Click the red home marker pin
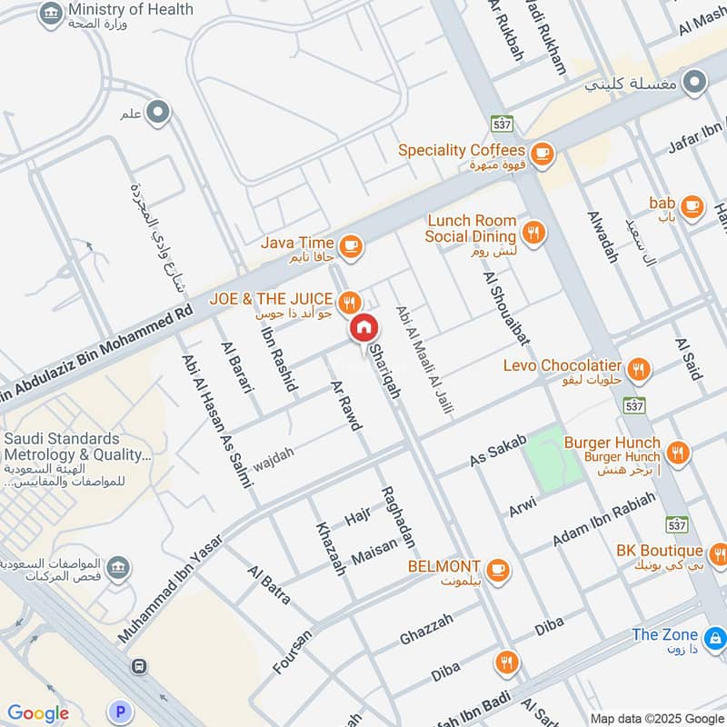tap(363, 328)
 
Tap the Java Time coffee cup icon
tap(351, 245)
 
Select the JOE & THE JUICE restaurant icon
tap(348, 301)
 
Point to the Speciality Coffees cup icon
tap(543, 152)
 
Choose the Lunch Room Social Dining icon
tap(534, 232)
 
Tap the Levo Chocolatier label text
tap(562, 365)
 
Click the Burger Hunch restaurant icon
tap(677, 452)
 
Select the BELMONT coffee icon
tap(496, 570)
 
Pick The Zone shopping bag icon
tap(715, 636)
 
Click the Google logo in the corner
tap(38, 713)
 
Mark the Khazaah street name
tap(330, 549)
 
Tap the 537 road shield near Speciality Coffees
tap(500, 123)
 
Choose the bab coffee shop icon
tap(692, 206)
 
